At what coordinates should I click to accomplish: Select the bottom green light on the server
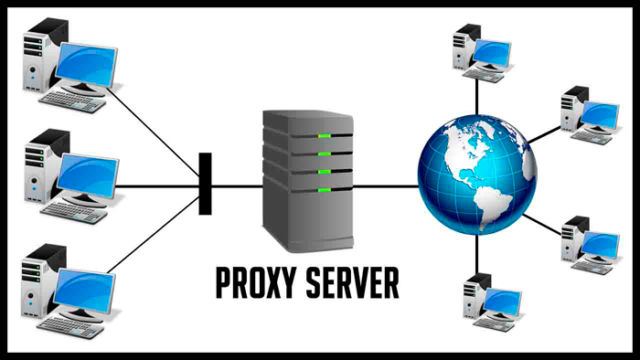point(324,190)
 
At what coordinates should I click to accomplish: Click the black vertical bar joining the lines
point(205,184)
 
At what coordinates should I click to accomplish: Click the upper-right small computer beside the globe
point(585,111)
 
